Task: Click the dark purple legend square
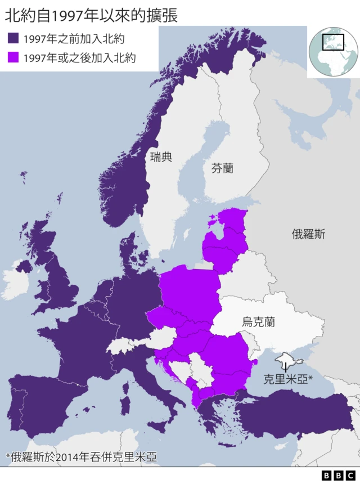point(13,38)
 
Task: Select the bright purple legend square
point(13,58)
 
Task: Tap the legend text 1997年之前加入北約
point(74,39)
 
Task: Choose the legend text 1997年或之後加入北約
point(79,58)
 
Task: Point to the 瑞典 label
point(161,157)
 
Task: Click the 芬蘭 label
point(222,168)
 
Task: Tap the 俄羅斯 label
point(308,234)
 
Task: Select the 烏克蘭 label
point(258,322)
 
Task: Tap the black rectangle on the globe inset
point(333,42)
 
